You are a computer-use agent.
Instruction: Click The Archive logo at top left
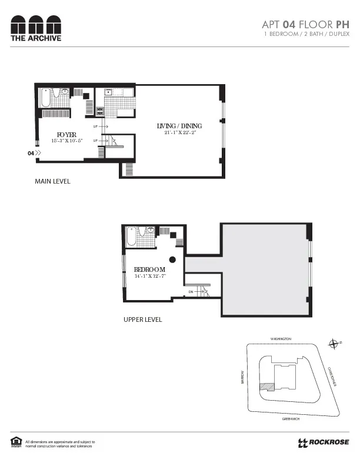[x=35, y=28]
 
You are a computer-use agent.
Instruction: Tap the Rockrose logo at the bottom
[x=324, y=442]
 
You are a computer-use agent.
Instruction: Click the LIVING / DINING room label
[x=179, y=126]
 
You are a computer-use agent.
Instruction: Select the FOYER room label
[x=67, y=135]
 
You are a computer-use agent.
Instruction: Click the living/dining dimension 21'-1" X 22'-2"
[x=179, y=133]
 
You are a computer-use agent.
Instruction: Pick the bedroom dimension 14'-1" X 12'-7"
[x=150, y=276]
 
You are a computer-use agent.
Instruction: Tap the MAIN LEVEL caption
[x=52, y=181]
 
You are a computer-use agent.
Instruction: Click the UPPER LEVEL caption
[x=142, y=319]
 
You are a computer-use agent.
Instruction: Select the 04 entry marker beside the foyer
[x=34, y=153]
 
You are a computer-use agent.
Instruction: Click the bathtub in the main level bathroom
[x=46, y=98]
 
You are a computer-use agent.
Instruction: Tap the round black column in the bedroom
[x=172, y=259]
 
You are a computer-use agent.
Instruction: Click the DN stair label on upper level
[x=191, y=291]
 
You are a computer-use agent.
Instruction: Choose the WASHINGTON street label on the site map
[x=281, y=339]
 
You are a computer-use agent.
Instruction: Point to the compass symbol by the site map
[x=334, y=344]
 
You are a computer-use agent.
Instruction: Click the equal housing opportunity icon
[x=15, y=442]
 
